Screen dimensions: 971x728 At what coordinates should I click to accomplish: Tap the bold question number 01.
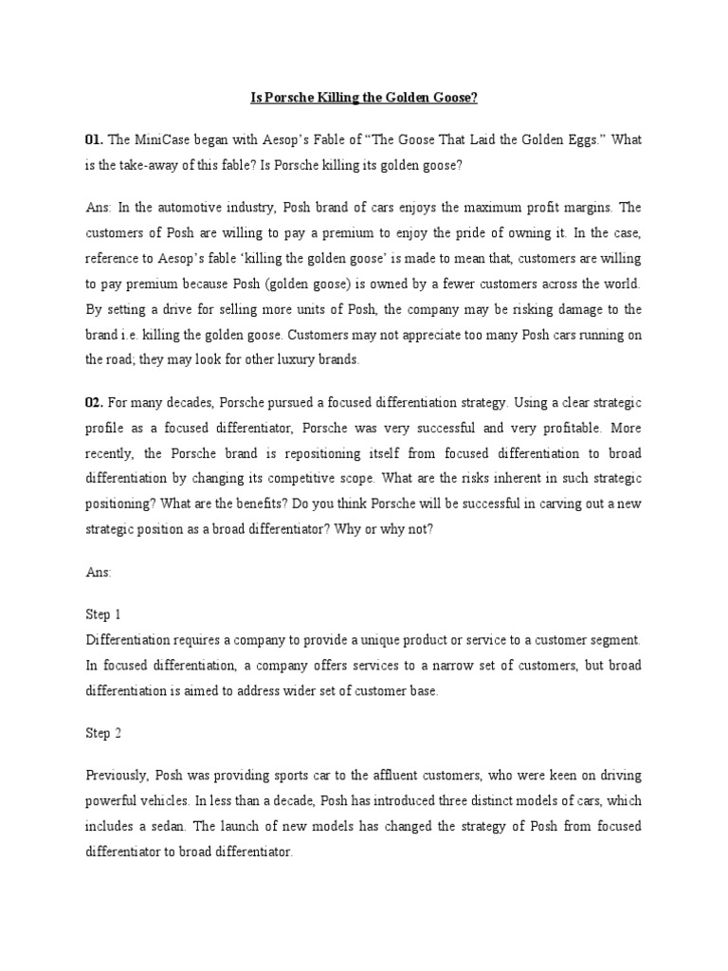(x=94, y=139)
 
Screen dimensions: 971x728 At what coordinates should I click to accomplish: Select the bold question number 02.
(x=95, y=402)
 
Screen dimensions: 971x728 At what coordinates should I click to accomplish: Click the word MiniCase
(x=169, y=139)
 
